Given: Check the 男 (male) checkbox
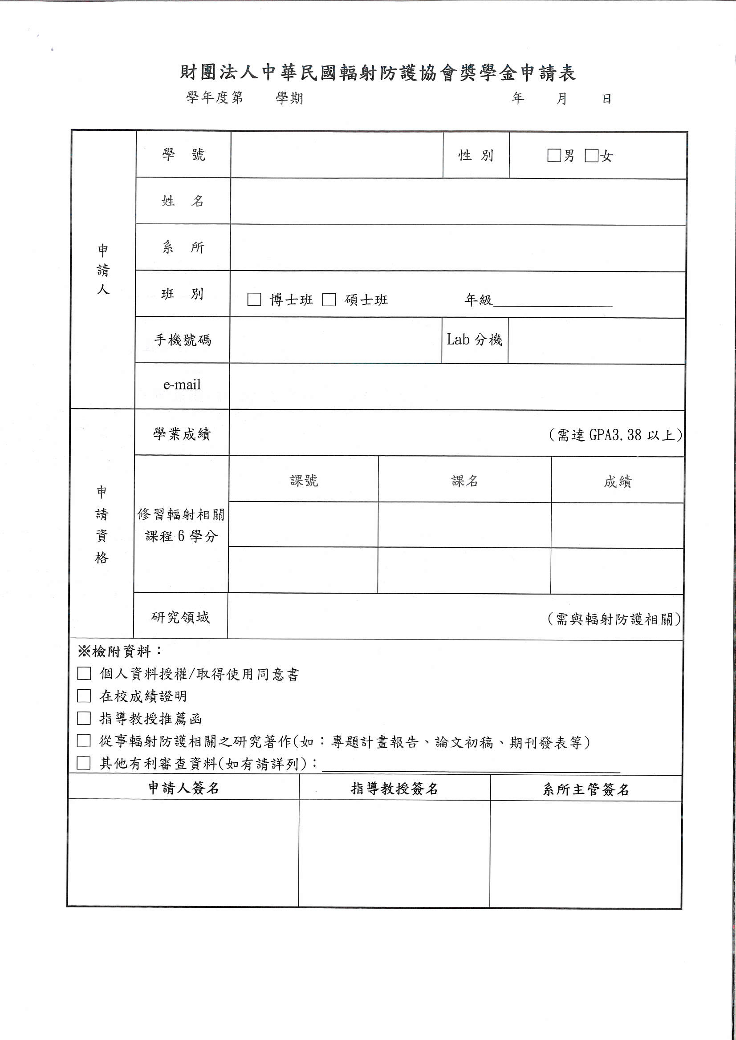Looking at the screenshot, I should click(x=554, y=155).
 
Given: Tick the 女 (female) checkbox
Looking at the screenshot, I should click(x=591, y=155).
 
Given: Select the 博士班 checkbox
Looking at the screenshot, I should click(x=254, y=299).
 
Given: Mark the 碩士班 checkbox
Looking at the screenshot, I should click(x=329, y=299).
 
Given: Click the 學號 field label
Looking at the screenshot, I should click(x=183, y=155).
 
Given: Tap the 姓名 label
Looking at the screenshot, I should click(x=183, y=201).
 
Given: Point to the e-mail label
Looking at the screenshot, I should click(x=182, y=385).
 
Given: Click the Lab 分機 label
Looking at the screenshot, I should click(x=475, y=340).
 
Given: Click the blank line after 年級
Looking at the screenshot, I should click(x=553, y=301).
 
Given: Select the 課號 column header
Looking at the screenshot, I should click(x=304, y=481).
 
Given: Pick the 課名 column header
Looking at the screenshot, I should click(x=464, y=481).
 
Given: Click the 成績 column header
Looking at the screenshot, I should click(x=617, y=482).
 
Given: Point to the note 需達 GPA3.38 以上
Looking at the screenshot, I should click(x=615, y=435).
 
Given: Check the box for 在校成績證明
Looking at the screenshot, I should click(x=84, y=696).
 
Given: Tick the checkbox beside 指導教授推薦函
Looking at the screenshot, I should click(x=84, y=718).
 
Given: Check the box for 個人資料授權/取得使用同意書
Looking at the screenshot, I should click(x=84, y=674).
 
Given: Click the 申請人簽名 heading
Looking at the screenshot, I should click(x=183, y=788).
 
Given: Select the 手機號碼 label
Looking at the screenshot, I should click(x=183, y=340).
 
